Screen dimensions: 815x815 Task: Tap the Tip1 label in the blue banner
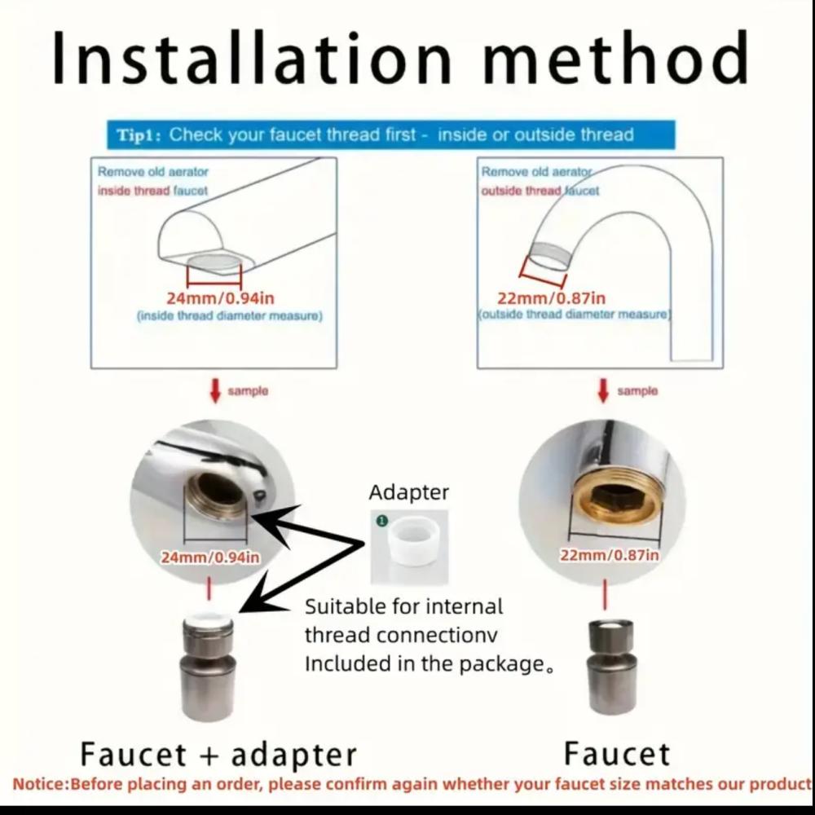point(139,134)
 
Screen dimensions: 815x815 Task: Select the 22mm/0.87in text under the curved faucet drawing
point(552,299)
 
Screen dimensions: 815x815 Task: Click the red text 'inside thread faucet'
point(152,190)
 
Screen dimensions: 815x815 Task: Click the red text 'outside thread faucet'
point(540,190)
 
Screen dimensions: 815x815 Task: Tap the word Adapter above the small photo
point(409,492)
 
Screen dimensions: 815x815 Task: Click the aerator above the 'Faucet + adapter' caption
point(208,668)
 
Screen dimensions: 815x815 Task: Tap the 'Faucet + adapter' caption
point(218,754)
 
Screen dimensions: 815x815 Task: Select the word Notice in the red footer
point(39,786)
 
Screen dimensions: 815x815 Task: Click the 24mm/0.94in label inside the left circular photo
point(210,557)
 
